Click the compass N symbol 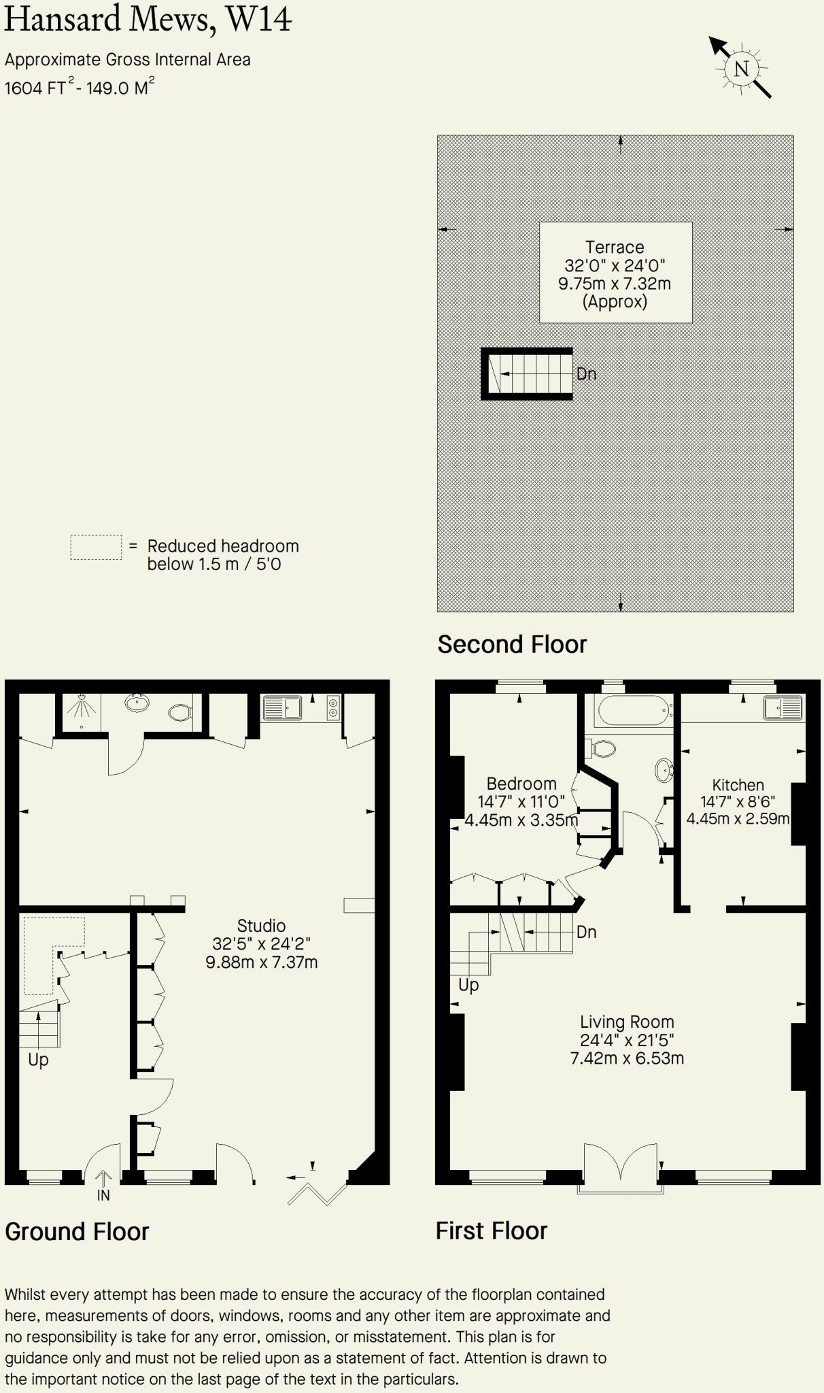[741, 68]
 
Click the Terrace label [615, 247]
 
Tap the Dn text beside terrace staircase [586, 373]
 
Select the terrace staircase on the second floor [528, 373]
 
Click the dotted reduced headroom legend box [96, 548]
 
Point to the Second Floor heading [512, 644]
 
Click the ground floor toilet [180, 712]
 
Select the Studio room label [261, 926]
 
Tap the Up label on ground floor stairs [38, 1060]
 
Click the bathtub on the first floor [634, 711]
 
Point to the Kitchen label [738, 785]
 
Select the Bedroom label [521, 784]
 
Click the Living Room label [627, 1022]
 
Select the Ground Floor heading [77, 1231]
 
